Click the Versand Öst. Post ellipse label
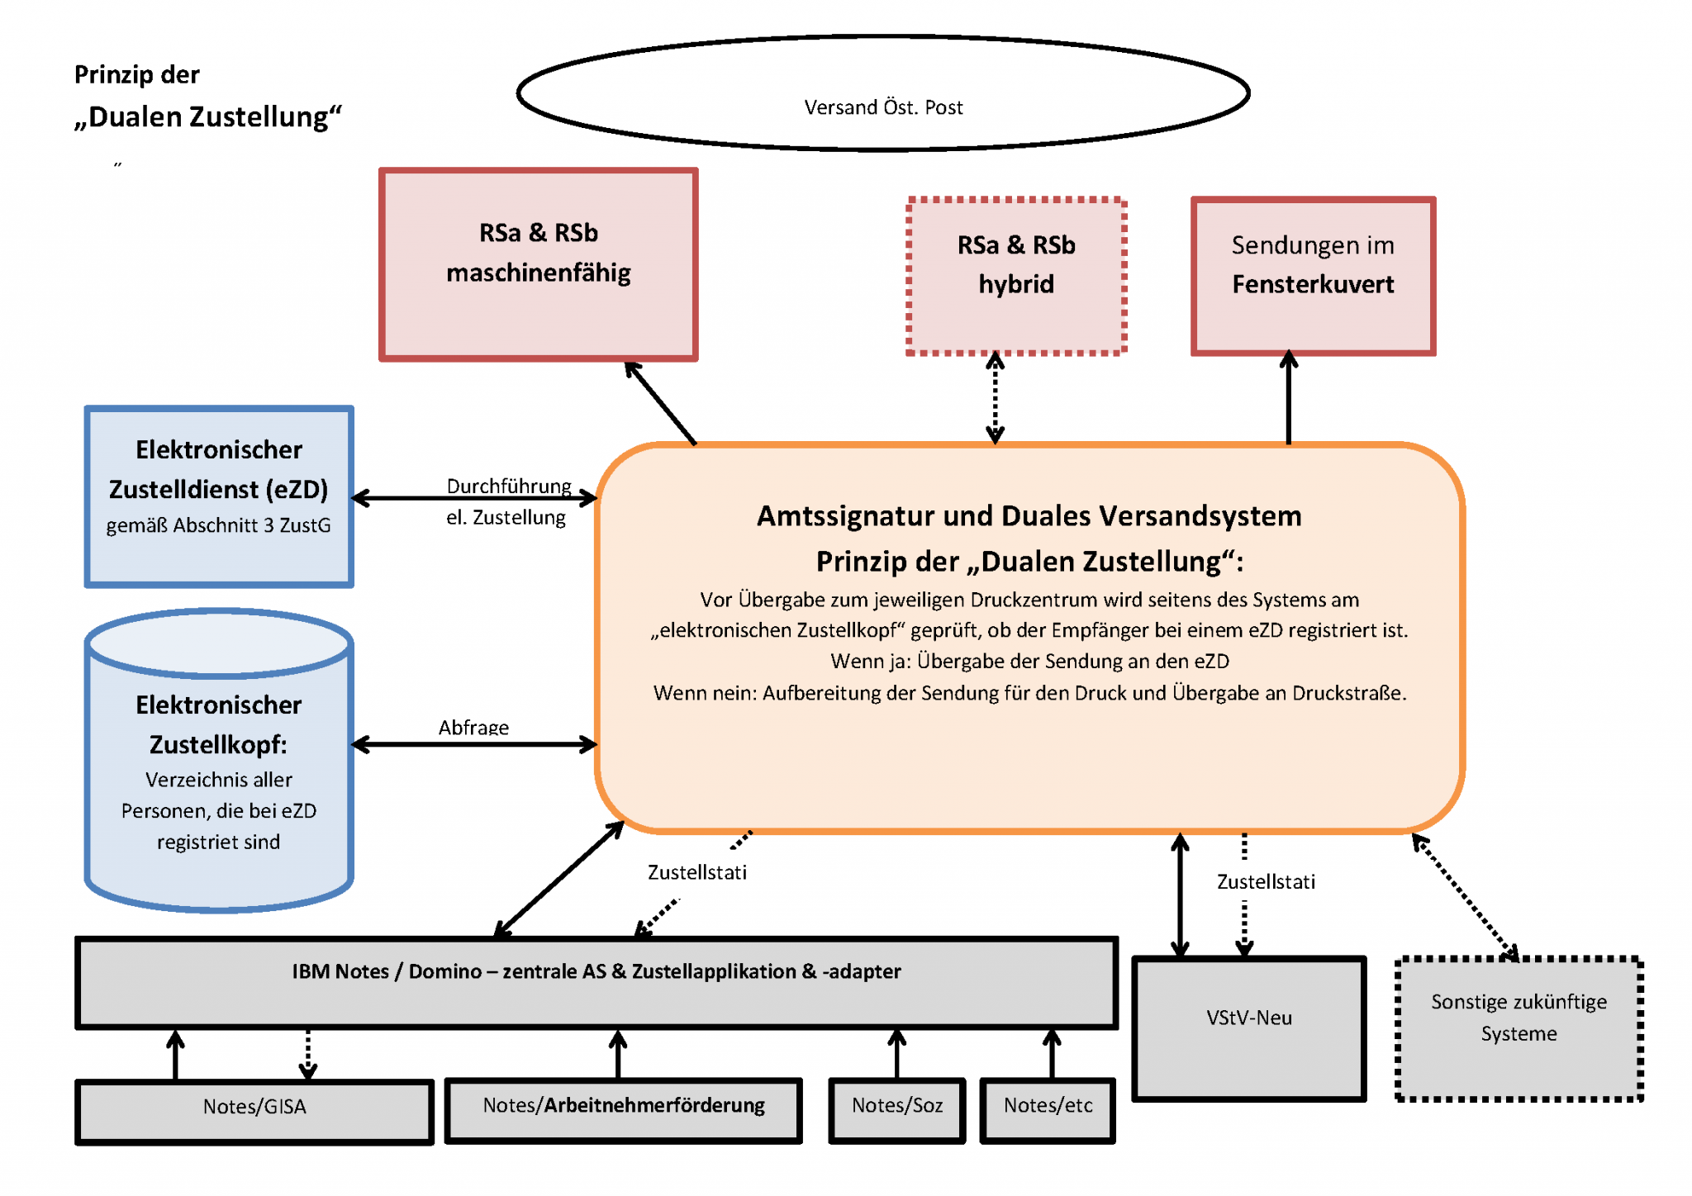tap(883, 107)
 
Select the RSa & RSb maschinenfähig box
tap(539, 264)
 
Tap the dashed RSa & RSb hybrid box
tap(1016, 277)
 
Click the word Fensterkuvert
tap(1313, 285)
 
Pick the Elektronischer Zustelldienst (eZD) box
tap(219, 496)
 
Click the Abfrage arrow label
tap(473, 727)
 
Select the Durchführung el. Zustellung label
tap(507, 501)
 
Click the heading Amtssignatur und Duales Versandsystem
tap(1029, 516)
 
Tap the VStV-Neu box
tap(1248, 1028)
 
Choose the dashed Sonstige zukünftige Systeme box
tap(1519, 1028)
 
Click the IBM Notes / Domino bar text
tap(596, 972)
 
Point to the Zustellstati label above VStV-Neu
tap(1265, 882)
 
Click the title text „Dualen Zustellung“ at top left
tap(207, 117)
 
